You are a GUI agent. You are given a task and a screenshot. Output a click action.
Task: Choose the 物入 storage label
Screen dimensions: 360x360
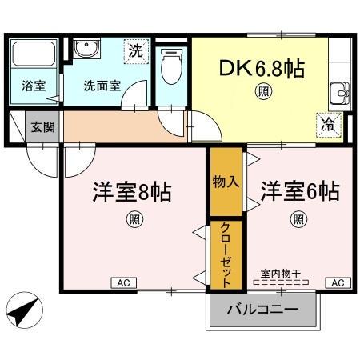[x=226, y=182]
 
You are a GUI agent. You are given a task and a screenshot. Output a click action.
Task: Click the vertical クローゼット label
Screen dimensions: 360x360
[x=226, y=254]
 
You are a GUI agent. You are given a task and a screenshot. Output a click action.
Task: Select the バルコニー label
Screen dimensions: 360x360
[x=262, y=310]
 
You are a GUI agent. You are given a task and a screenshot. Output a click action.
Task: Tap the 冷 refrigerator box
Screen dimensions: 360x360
[x=328, y=124]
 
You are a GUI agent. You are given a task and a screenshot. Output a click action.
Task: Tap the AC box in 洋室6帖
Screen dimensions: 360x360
[x=337, y=283]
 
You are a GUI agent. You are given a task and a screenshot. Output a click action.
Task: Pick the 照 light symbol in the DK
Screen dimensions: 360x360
[x=262, y=92]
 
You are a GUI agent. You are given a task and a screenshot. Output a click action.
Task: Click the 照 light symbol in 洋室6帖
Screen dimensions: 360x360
[x=298, y=218]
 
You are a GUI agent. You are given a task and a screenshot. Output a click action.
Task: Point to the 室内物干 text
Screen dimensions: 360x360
[x=280, y=272]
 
